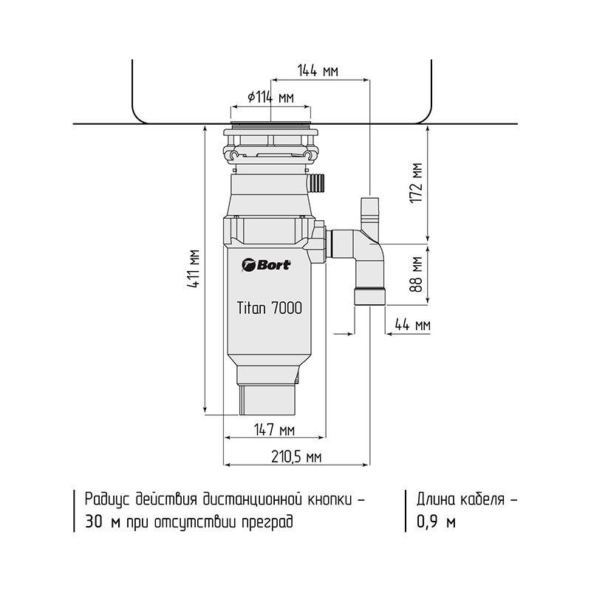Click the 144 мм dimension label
coord(318,71)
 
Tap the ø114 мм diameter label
coord(270,98)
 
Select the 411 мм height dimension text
coord(193,268)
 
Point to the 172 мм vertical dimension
coord(416,183)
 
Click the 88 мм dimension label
coord(416,275)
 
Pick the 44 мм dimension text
coord(412,324)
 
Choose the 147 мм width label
coord(274,430)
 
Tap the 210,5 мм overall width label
coord(297,457)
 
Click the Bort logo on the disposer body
coord(267,264)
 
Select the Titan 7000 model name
coord(270,307)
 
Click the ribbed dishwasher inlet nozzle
coord(317,182)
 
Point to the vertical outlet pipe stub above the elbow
coord(370,213)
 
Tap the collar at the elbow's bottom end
coord(369,296)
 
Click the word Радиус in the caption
coord(107,499)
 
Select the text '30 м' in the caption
coord(102,522)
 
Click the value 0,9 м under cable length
coord(436,522)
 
